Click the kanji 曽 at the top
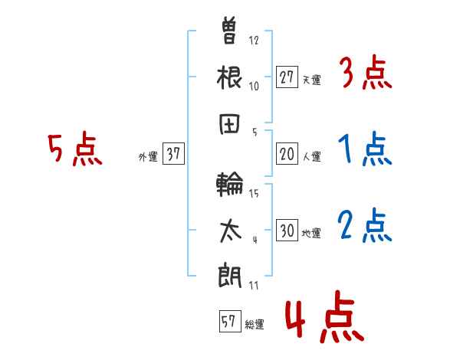[228, 31]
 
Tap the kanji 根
[229, 77]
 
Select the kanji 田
[229, 124]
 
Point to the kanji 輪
[230, 184]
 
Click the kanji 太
[230, 231]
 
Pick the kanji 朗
[230, 277]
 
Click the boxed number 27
[287, 77]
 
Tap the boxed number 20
[287, 154]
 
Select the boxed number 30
[287, 230]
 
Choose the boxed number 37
[173, 153]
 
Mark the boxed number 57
[230, 321]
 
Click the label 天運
[312, 80]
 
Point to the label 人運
[312, 156]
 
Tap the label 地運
[311, 234]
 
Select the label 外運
[148, 156]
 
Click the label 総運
[255, 325]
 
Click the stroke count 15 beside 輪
[254, 194]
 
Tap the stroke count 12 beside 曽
[254, 40]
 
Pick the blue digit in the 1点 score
[345, 149]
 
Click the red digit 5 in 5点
[55, 148]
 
